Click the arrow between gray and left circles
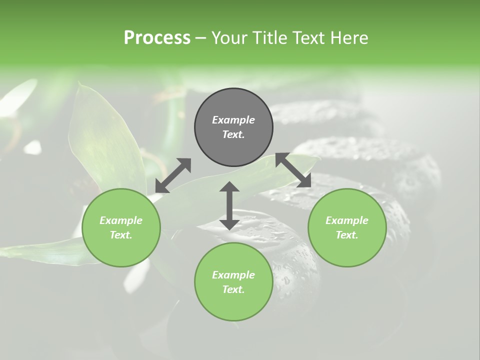point(173,175)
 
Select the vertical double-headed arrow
point(229,205)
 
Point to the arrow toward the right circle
point(293,170)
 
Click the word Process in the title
point(157,38)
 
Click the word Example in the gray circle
point(233,120)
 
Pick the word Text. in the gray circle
point(233,134)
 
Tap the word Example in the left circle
point(121,220)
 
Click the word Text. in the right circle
point(347,235)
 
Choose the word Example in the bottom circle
point(233,275)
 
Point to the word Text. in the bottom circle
point(233,289)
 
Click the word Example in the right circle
point(347,220)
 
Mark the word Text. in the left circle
point(121,235)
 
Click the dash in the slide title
point(201,38)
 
